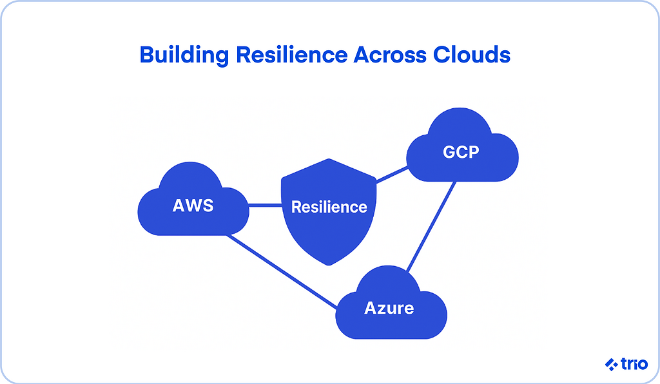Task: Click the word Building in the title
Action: pyautogui.click(x=184, y=55)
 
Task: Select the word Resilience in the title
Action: pyautogui.click(x=291, y=55)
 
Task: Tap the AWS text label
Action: pyautogui.click(x=193, y=206)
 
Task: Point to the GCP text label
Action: pyautogui.click(x=461, y=153)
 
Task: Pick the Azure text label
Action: pyautogui.click(x=389, y=307)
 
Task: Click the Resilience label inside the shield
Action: pyautogui.click(x=329, y=207)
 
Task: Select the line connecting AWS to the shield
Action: pyautogui.click(x=265, y=206)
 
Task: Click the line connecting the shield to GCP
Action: pyautogui.click(x=392, y=174)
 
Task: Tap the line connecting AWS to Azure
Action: pyautogui.click(x=284, y=271)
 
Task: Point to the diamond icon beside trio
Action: pyautogui.click(x=612, y=365)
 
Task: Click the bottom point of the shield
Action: pyautogui.click(x=329, y=264)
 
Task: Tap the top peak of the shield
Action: pyautogui.click(x=329, y=159)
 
